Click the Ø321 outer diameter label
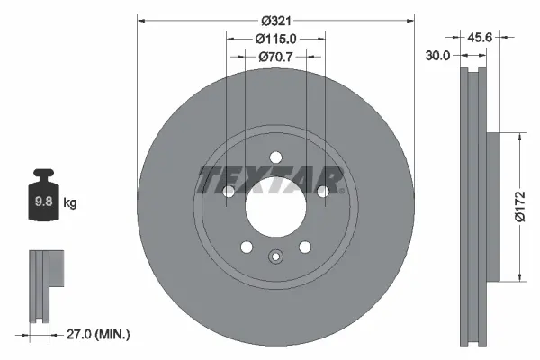tap(275, 19)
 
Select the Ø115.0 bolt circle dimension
tap(275, 39)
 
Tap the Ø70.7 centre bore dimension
tap(275, 57)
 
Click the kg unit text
tap(70, 203)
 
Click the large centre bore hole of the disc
tap(275, 212)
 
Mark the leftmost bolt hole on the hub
tap(229, 192)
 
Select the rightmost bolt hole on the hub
tap(322, 192)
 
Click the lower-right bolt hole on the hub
tap(305, 247)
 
